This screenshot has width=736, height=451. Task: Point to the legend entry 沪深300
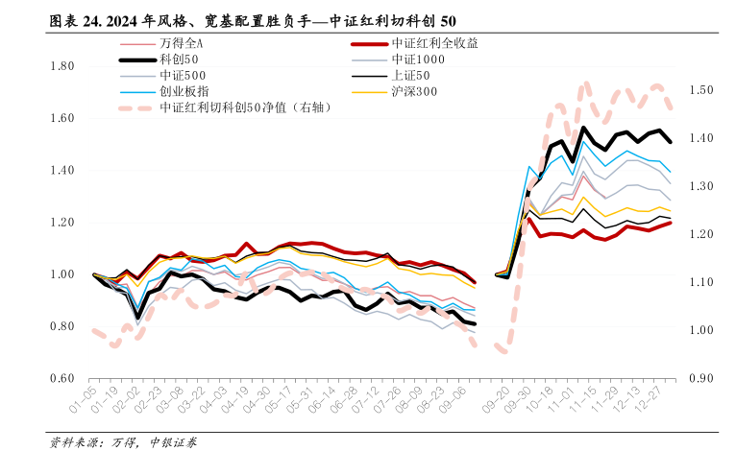[x=415, y=91]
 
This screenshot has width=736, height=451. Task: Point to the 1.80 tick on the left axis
[x=62, y=66]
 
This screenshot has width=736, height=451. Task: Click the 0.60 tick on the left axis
[x=62, y=378]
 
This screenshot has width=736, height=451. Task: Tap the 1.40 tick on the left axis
[x=62, y=171]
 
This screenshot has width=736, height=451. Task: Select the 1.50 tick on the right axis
[x=700, y=90]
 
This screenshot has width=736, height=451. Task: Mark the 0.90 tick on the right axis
[x=700, y=378]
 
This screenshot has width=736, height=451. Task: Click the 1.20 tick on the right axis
[x=700, y=234]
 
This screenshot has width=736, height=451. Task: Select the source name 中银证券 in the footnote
[x=173, y=441]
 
